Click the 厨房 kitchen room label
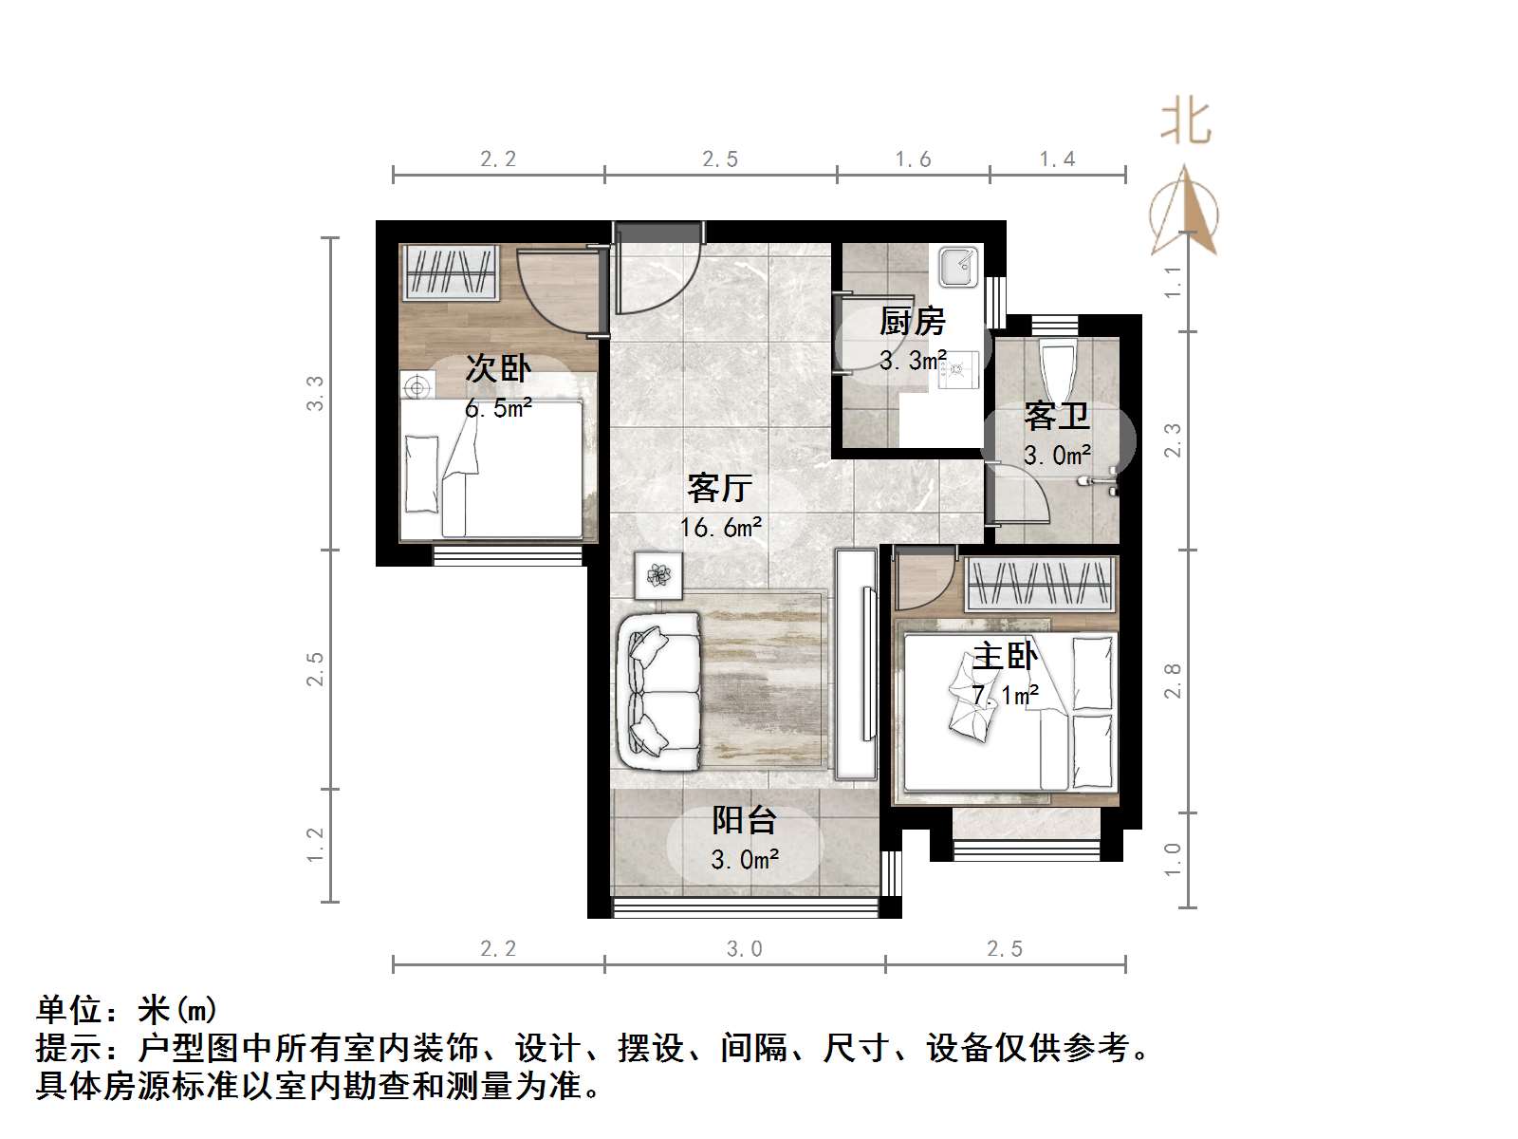pyautogui.click(x=912, y=322)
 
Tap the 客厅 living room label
pyautogui.click(x=720, y=488)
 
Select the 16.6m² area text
pyautogui.click(x=720, y=527)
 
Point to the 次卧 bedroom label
pyautogui.click(x=498, y=368)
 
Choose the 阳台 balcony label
pyautogui.click(x=745, y=820)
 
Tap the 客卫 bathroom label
pyautogui.click(x=1056, y=416)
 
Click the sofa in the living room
pyautogui.click(x=659, y=691)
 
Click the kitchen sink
pyautogui.click(x=958, y=266)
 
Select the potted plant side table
pyautogui.click(x=658, y=575)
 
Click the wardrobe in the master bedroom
pyautogui.click(x=1039, y=584)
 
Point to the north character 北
pyautogui.click(x=1186, y=122)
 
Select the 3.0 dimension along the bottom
pyautogui.click(x=745, y=948)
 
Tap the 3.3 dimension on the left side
pyautogui.click(x=315, y=393)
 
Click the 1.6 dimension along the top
pyautogui.click(x=913, y=159)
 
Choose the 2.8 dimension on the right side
pyautogui.click(x=1173, y=681)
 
